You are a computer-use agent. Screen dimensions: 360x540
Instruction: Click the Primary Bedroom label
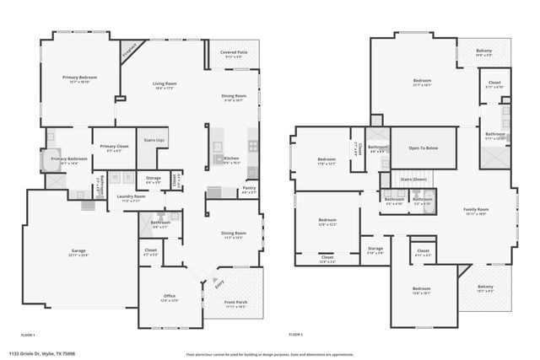point(80,77)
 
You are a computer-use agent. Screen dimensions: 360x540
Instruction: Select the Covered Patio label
point(234,52)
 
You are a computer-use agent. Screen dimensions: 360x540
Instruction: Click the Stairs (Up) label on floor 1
point(154,140)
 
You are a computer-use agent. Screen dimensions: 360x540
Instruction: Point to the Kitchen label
point(231,158)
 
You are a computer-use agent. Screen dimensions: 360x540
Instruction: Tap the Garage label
point(78,250)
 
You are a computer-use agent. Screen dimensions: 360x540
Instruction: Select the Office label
point(169,296)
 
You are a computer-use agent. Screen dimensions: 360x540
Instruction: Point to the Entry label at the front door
point(220,285)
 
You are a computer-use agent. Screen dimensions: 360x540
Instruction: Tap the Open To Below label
point(423,148)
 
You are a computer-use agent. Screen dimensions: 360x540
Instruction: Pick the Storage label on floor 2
point(375,249)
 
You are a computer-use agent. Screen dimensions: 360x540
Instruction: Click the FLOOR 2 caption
point(295,335)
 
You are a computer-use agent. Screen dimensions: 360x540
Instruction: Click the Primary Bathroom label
point(69,159)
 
